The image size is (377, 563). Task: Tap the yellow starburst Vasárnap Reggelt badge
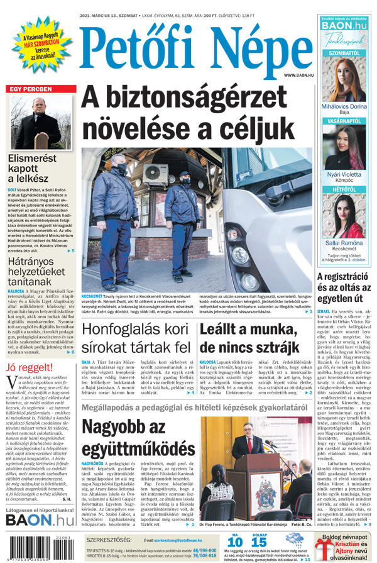[x=38, y=45]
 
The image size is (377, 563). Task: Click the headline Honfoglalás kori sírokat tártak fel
[x=136, y=338]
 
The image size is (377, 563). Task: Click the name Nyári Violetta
[x=344, y=174]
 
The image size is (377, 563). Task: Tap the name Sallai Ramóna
[x=344, y=243]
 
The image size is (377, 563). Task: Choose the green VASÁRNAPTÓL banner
[x=344, y=120]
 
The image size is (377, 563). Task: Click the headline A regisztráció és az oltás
[x=345, y=288]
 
